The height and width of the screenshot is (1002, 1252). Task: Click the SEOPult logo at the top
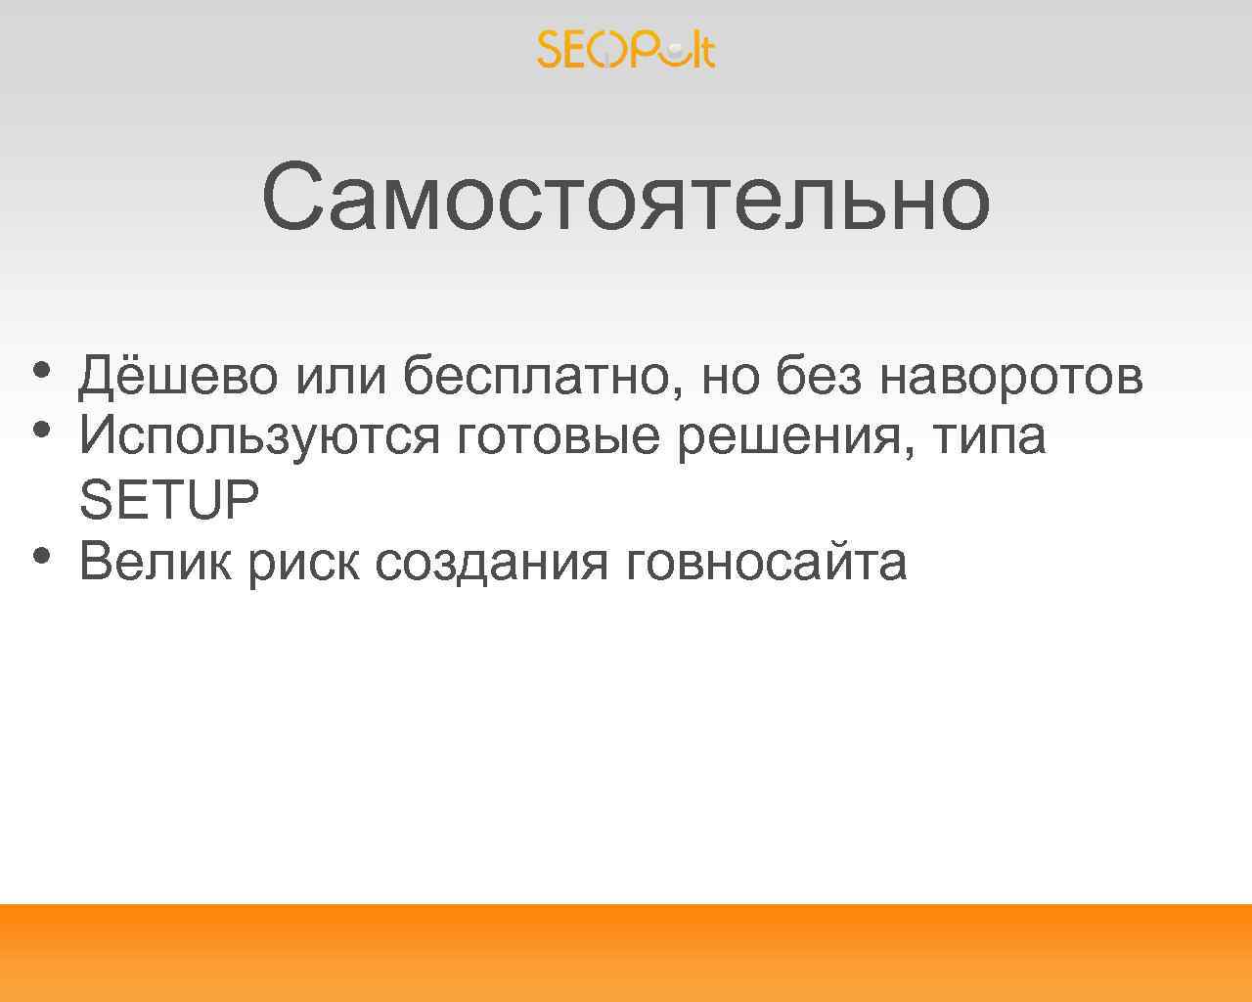pyautogui.click(x=626, y=49)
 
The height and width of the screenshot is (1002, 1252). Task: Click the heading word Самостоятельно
pyautogui.click(x=626, y=199)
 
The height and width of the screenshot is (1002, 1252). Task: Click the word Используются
pyautogui.click(x=259, y=435)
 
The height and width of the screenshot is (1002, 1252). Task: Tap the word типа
pyautogui.click(x=989, y=435)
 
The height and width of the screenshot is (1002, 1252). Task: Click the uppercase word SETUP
pyautogui.click(x=169, y=500)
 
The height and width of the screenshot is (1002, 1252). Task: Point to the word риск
pyautogui.click(x=303, y=562)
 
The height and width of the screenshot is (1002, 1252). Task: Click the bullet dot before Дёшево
pyautogui.click(x=40, y=370)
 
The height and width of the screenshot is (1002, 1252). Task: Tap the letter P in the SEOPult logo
pyautogui.click(x=646, y=49)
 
